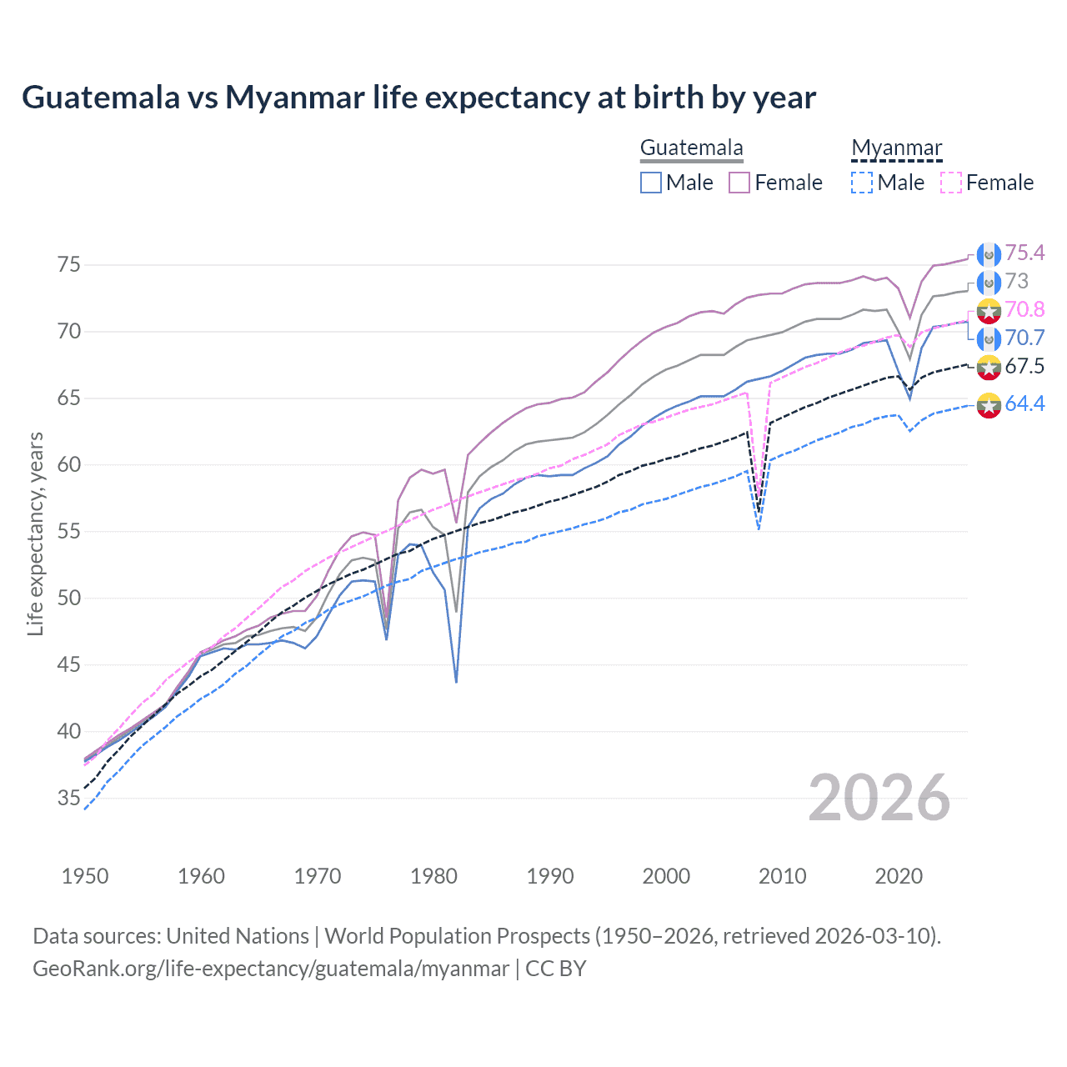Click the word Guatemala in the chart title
(100, 98)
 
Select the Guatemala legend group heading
(691, 148)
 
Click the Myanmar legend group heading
(896, 148)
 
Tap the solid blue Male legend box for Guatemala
(651, 183)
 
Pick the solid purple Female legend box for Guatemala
(739, 183)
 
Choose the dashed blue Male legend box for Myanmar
(862, 183)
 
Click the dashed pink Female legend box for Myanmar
(951, 183)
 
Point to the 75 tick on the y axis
(69, 265)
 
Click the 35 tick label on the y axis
(69, 799)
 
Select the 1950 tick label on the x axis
(85, 876)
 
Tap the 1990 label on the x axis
(550, 876)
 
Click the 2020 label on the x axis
(899, 876)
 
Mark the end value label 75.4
(1024, 253)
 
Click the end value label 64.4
(1024, 404)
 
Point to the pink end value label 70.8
(1024, 309)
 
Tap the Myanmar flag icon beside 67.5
(989, 367)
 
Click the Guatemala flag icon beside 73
(989, 282)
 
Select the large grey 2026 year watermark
(879, 798)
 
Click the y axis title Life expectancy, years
(35, 533)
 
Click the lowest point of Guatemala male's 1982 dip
(456, 682)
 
